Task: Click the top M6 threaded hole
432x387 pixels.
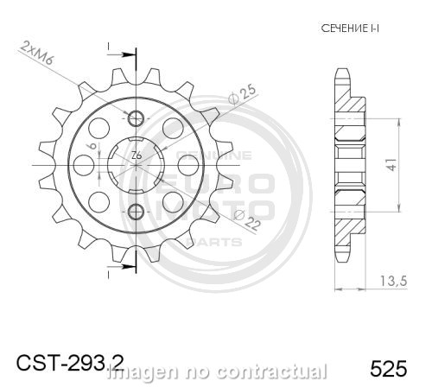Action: coord(136,117)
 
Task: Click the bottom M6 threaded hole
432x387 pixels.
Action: coord(136,211)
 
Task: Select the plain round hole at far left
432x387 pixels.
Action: coord(90,164)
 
